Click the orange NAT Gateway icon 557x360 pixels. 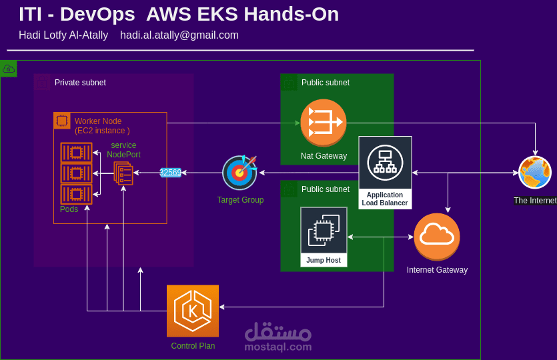324,122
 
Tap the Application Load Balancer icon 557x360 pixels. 385,162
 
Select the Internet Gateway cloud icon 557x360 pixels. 437,236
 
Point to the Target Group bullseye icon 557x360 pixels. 239,173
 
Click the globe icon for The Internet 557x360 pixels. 535,173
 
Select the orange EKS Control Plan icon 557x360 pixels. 193,311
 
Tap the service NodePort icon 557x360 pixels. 123,173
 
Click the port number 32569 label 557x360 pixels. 171,173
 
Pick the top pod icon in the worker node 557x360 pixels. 76,153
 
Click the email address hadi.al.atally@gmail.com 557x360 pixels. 179,35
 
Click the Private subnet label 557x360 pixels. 80,83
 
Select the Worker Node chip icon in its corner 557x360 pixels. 62,121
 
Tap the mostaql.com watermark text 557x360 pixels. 277,347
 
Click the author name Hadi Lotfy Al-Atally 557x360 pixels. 63,35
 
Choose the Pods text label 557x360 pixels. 69,209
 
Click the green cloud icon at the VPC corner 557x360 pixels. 8,69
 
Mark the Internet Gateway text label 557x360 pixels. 437,270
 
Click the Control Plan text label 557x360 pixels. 193,346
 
